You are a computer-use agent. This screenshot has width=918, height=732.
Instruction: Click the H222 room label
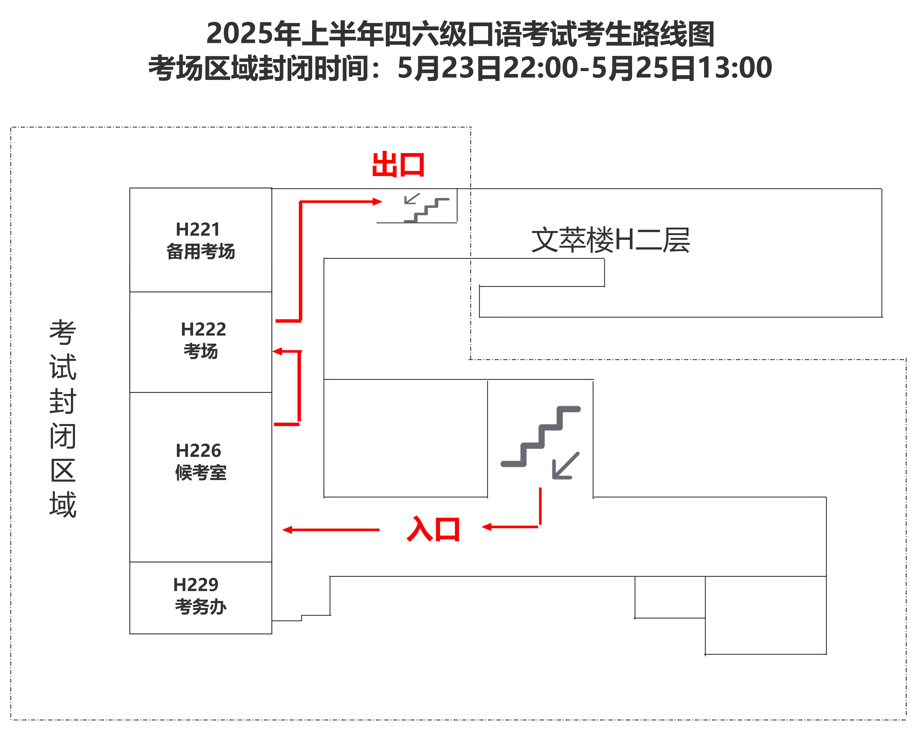(204, 329)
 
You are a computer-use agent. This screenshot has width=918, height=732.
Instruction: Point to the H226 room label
(198, 450)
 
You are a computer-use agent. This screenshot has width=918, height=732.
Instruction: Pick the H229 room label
(196, 585)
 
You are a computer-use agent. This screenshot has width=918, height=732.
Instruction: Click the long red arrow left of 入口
(331, 529)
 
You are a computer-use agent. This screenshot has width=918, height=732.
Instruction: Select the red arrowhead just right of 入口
(487, 527)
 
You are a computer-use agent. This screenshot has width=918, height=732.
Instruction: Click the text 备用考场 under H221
(201, 251)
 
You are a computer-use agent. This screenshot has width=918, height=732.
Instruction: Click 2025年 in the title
(253, 34)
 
